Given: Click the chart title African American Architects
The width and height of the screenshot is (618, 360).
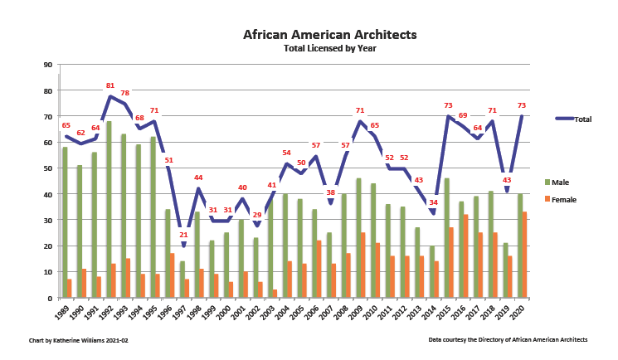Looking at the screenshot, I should tap(330, 35).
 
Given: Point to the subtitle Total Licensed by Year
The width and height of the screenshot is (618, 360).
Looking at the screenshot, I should tap(330, 48).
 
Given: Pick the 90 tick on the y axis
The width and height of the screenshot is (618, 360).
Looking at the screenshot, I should tap(47, 65).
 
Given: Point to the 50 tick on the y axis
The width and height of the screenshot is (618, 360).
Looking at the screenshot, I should tap(47, 168).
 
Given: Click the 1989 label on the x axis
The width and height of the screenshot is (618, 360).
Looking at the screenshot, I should tap(61, 314).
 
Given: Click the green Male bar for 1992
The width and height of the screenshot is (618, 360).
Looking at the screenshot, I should tap(109, 209).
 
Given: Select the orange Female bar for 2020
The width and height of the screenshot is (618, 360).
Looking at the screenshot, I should tap(524, 255).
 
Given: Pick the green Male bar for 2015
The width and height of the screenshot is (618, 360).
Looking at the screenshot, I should tap(447, 237).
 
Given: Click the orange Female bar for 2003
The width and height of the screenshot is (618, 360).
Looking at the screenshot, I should tap(275, 293).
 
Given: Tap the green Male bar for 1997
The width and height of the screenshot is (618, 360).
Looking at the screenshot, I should tap(181, 280).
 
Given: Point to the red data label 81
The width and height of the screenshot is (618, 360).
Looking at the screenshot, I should tap(110, 85).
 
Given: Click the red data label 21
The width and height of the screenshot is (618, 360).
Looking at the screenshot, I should tap(183, 235).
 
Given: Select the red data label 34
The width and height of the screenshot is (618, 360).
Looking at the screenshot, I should tap(433, 202).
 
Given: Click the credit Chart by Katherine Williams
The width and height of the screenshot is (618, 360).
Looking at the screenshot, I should tap(79, 340).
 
